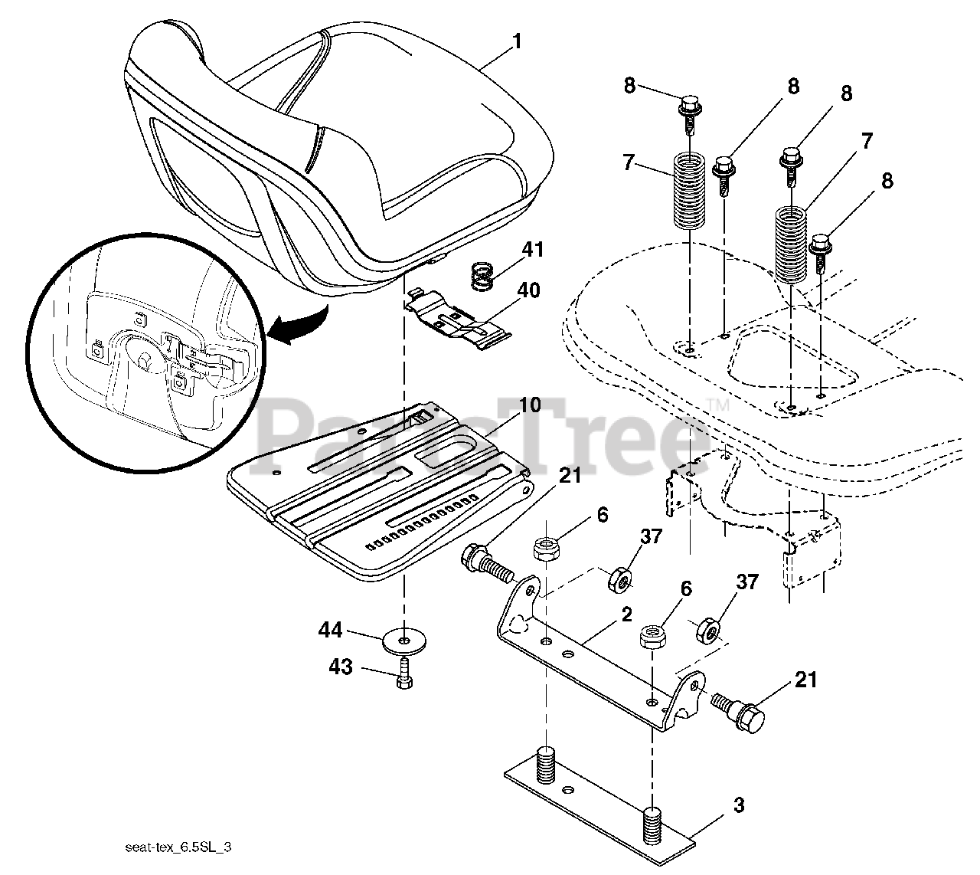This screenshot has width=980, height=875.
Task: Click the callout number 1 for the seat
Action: [518, 41]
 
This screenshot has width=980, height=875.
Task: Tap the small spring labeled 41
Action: [481, 276]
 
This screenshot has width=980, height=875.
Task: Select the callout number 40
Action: [528, 290]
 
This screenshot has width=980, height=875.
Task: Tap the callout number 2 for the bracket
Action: [626, 614]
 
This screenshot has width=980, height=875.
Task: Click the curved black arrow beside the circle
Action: [299, 322]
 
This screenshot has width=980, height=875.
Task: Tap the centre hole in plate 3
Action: [567, 789]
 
